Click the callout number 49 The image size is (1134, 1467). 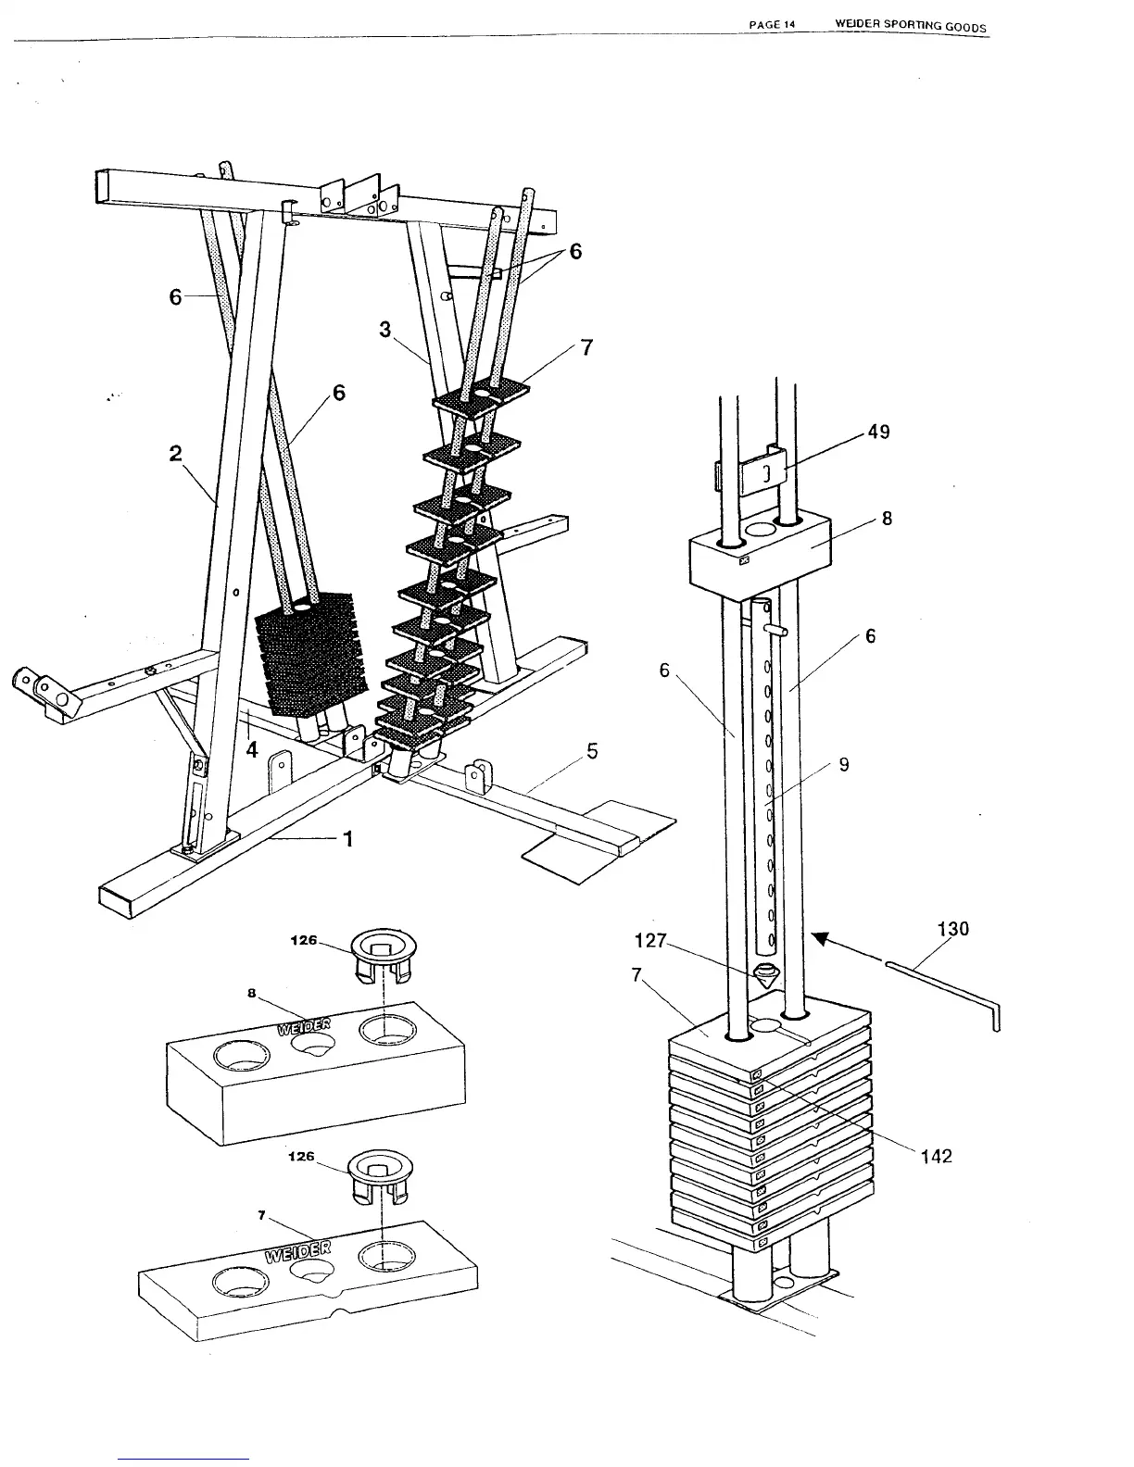[x=878, y=432]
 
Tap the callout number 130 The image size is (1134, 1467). [x=952, y=929]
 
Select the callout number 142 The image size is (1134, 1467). [x=935, y=1156]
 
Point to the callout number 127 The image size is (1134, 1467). [x=650, y=941]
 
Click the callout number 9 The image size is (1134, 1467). [x=843, y=765]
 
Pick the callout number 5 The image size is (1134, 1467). [x=592, y=752]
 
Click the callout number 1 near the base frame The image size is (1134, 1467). [x=348, y=839]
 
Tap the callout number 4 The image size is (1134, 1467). [x=252, y=750]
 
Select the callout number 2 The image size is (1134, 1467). [x=176, y=453]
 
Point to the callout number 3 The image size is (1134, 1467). [x=385, y=329]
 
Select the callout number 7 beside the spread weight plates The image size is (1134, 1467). [x=586, y=348]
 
